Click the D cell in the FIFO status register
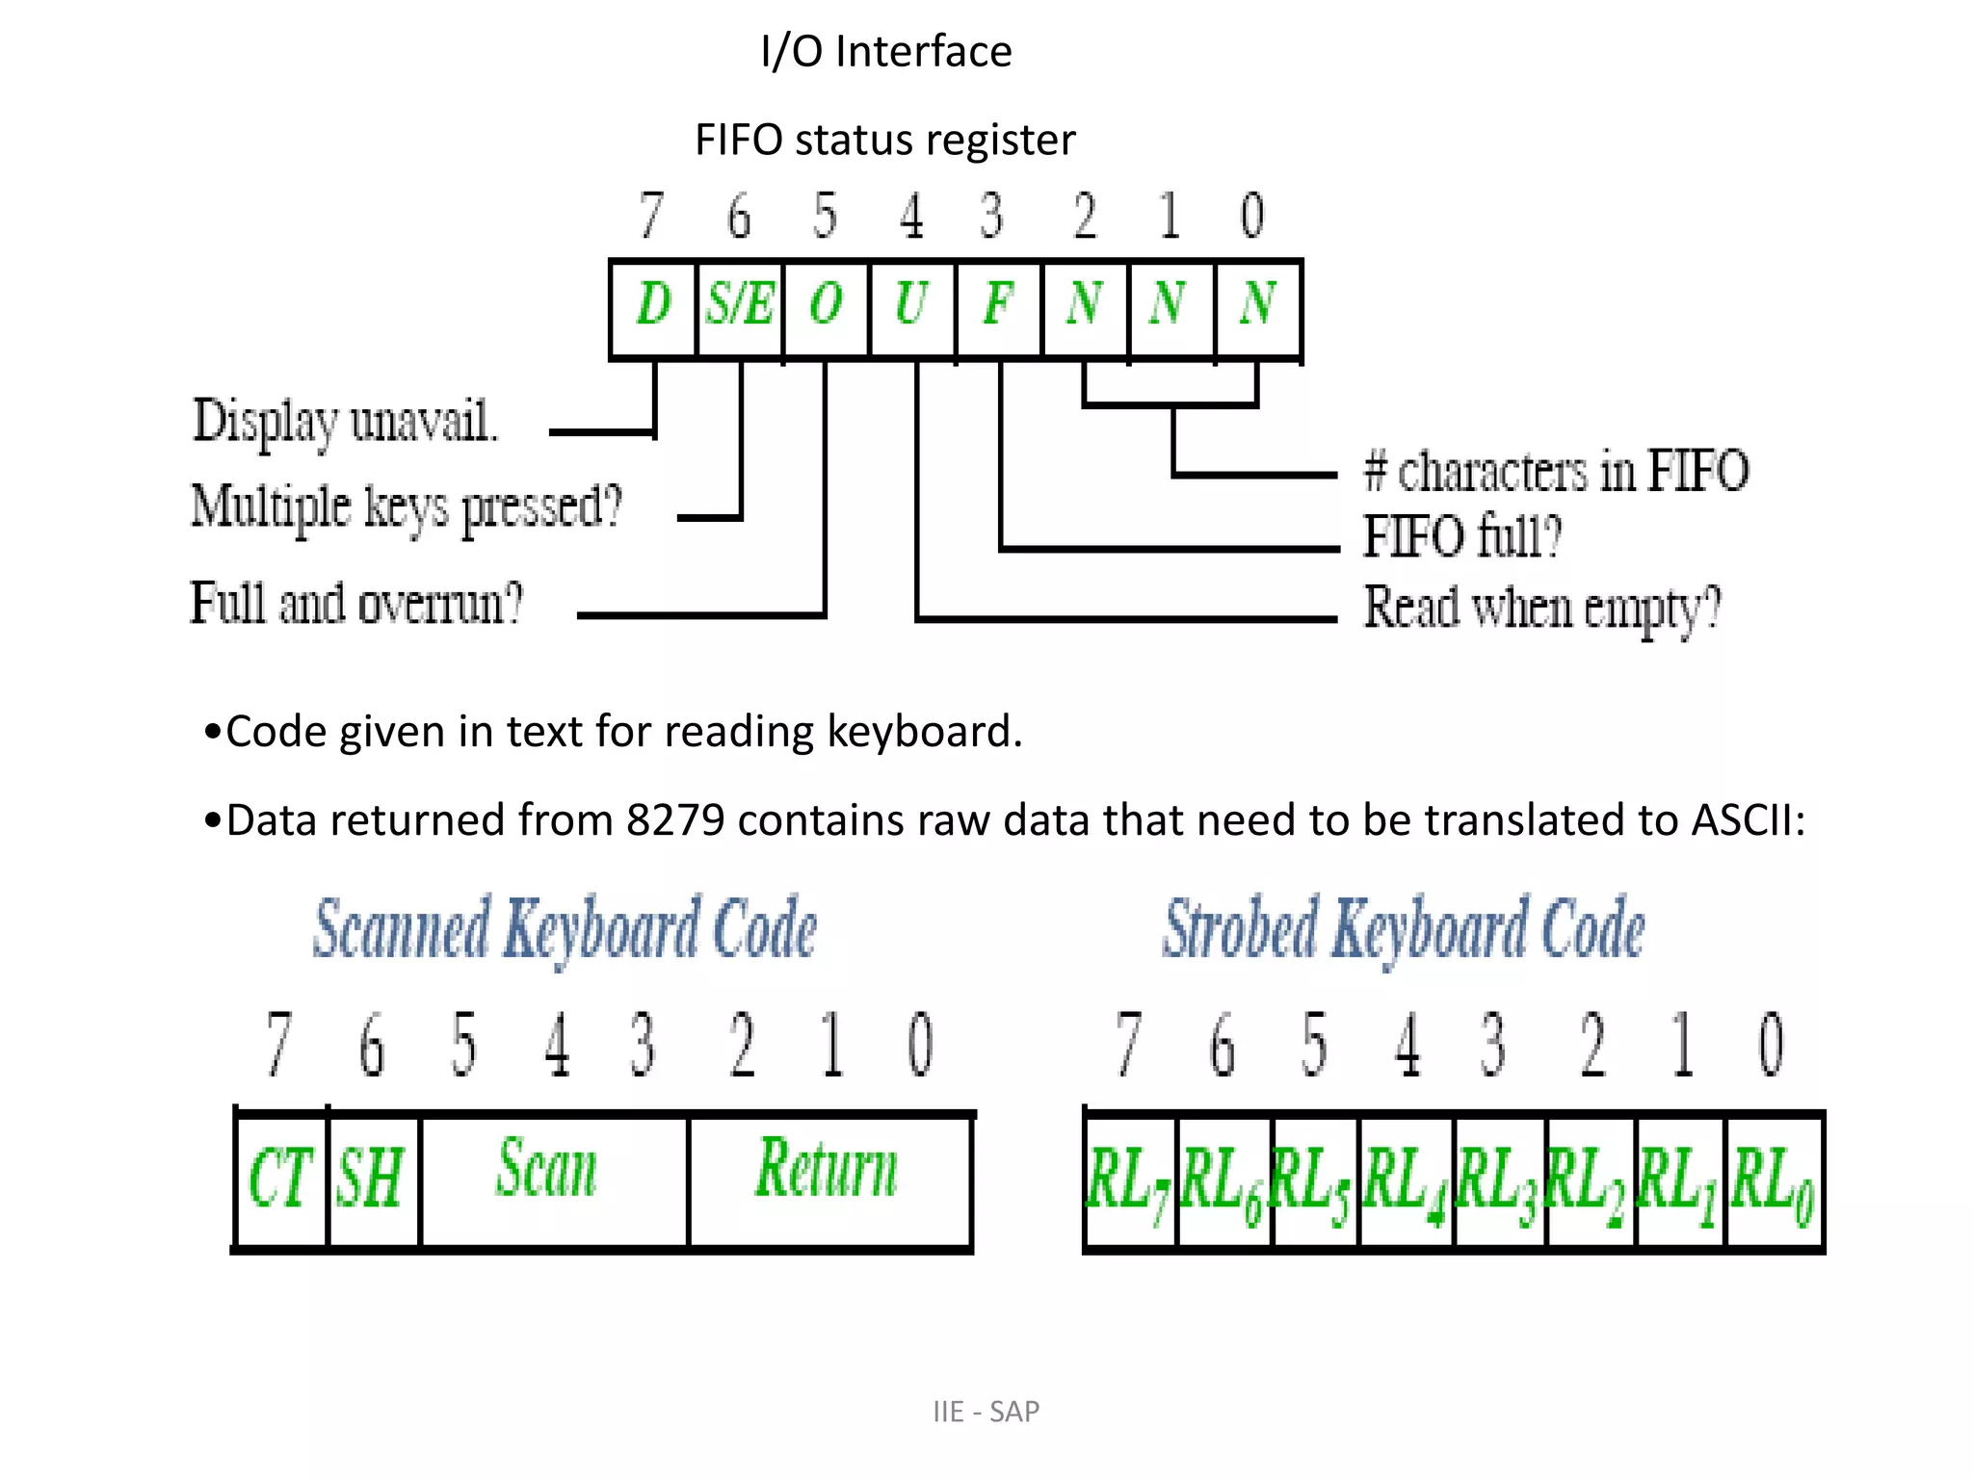(653, 306)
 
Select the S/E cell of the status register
(740, 306)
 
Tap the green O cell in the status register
(827, 306)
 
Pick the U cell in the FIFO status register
(911, 306)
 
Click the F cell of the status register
(998, 306)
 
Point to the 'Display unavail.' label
(346, 422)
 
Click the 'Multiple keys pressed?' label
(407, 507)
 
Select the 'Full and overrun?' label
(356, 604)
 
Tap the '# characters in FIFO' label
(1556, 472)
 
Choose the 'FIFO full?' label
(1461, 536)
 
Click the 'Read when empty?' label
(1541, 609)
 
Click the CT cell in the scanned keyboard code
(280, 1180)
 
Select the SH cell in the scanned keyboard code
(371, 1180)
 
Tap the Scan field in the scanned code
(547, 1170)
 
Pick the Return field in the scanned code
(827, 1170)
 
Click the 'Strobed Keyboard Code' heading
(1404, 929)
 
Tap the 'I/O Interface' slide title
(886, 51)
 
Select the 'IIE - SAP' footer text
(986, 1412)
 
